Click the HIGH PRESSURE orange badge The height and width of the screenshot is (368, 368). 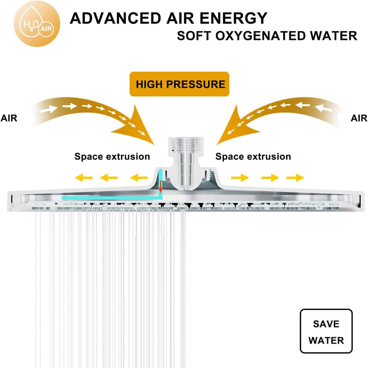point(179,84)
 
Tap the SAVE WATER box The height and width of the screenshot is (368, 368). point(326,331)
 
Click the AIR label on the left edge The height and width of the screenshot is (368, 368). point(9,118)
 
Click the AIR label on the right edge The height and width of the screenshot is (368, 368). point(359,118)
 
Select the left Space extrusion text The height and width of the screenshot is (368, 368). point(112,157)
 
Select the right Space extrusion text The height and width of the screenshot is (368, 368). point(253,157)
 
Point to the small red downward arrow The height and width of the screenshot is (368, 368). point(160,187)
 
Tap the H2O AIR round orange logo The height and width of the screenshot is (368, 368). point(37,23)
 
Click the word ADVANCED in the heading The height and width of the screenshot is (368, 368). point(116,18)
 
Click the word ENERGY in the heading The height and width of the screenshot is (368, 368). point(234,18)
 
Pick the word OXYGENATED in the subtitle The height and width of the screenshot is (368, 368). point(260,36)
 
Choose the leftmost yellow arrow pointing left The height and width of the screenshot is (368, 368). point(83,178)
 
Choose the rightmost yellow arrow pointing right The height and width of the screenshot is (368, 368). point(295,178)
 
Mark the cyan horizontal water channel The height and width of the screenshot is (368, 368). point(112,198)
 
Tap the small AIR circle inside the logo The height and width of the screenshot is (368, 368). point(47,29)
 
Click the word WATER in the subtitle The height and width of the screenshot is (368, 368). point(333,36)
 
